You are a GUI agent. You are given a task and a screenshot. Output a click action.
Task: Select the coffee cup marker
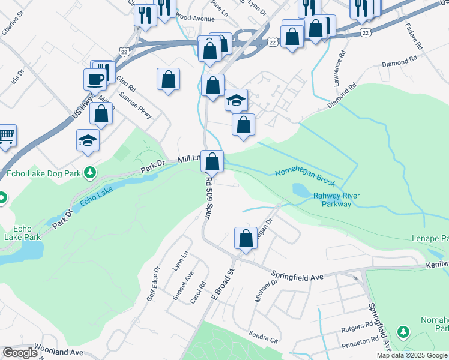pyautogui.click(x=96, y=78)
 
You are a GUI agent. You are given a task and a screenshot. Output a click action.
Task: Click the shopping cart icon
pyautogui.click(x=6, y=136)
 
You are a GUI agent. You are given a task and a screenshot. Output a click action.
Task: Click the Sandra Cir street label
pyautogui.click(x=265, y=337)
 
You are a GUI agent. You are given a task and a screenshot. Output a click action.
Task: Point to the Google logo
pyautogui.click(x=20, y=353)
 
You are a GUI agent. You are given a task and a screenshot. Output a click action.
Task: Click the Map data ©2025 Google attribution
pyautogui.click(x=412, y=355)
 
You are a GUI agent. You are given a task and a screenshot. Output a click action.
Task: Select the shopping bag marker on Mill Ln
pyautogui.click(x=212, y=161)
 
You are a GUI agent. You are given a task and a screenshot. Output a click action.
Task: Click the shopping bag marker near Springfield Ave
pyautogui.click(x=246, y=238)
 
